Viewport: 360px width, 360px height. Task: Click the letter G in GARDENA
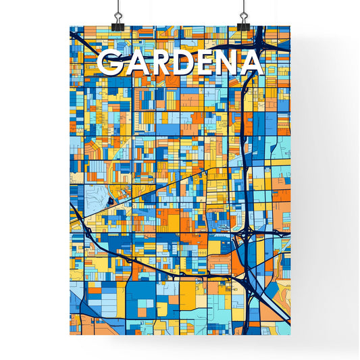point(110,63)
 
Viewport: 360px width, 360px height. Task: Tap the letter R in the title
point(157,63)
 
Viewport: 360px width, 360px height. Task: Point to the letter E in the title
point(203,63)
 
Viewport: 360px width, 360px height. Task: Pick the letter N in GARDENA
point(226,63)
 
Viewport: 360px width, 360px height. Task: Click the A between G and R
point(134,63)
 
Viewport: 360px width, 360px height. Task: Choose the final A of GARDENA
point(250,63)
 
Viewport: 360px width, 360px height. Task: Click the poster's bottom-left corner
point(70,334)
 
